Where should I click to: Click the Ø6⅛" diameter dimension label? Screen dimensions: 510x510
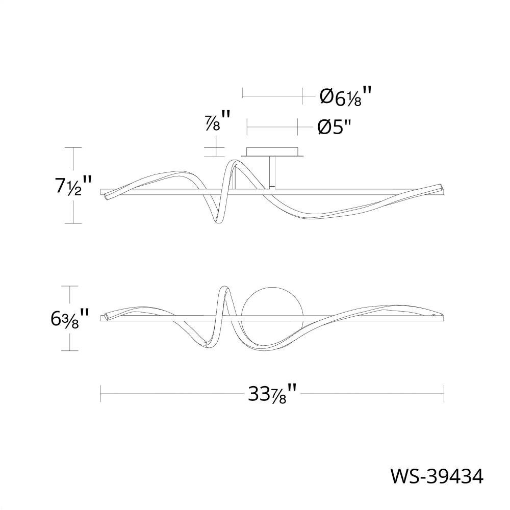point(345,96)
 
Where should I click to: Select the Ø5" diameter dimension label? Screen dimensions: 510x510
point(335,127)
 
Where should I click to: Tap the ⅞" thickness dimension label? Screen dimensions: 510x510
point(218,121)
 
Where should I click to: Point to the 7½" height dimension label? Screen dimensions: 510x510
point(72,185)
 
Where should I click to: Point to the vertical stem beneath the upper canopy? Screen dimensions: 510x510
point(272,172)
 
